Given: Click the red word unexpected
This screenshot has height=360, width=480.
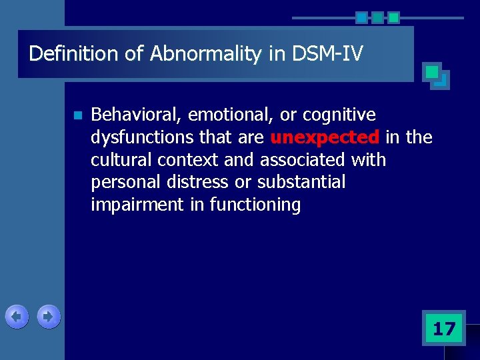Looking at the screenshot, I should pos(325,138).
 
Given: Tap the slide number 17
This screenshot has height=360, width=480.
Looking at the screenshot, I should pos(443,328).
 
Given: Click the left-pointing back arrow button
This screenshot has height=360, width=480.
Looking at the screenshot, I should pos(17,317).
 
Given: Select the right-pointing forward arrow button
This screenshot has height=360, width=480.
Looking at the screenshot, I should pos(48,317).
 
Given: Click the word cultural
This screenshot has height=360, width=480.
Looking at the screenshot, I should pos(120,160).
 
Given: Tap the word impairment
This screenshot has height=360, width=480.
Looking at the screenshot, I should pos(138,205).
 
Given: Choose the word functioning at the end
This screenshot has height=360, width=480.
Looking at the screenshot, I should pos(255,205).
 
